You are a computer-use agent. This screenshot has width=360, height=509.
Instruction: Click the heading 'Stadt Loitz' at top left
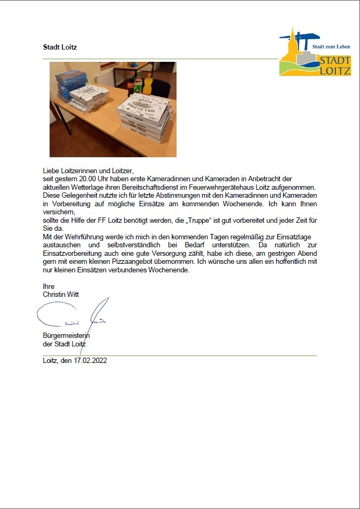tap(60, 47)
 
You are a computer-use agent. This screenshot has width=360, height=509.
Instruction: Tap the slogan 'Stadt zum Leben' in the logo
tap(331, 47)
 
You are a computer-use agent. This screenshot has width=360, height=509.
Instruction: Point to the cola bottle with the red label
tap(131, 83)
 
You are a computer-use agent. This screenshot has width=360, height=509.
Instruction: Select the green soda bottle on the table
tap(139, 84)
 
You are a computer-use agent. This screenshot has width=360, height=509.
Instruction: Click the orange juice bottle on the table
tap(148, 85)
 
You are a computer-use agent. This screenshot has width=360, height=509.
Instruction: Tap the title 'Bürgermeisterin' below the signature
tap(66, 336)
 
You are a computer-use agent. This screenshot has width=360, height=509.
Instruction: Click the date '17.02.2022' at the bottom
tap(91, 361)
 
